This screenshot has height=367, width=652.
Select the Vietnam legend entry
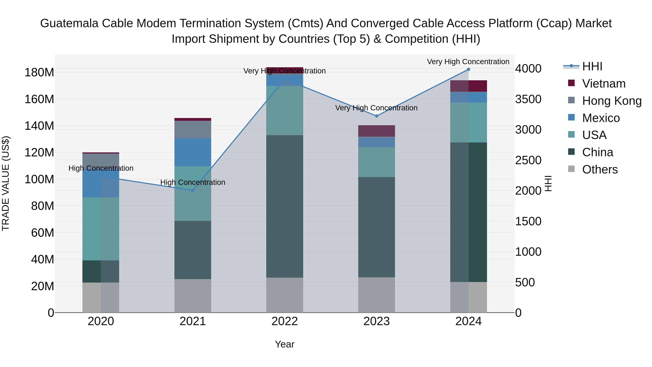click(x=603, y=84)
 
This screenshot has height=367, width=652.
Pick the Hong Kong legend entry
click(x=611, y=101)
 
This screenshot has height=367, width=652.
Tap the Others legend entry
click(x=600, y=169)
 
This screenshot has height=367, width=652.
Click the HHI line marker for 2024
click(x=468, y=69)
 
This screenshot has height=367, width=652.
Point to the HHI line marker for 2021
click(x=193, y=190)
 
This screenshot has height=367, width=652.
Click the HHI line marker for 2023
click(x=376, y=116)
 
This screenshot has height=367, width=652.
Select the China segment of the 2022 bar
click(x=285, y=206)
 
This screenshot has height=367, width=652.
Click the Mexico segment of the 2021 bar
click(x=193, y=152)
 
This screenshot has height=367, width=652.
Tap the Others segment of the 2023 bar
click(x=376, y=295)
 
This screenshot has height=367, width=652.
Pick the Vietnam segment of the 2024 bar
click(x=468, y=86)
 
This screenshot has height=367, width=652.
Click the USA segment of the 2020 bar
click(x=101, y=229)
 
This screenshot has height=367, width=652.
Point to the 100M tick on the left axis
click(x=39, y=179)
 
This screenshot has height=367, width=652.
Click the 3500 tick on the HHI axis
click(x=528, y=99)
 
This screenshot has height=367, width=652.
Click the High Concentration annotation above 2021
click(x=193, y=182)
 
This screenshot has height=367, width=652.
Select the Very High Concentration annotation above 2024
click(x=468, y=62)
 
